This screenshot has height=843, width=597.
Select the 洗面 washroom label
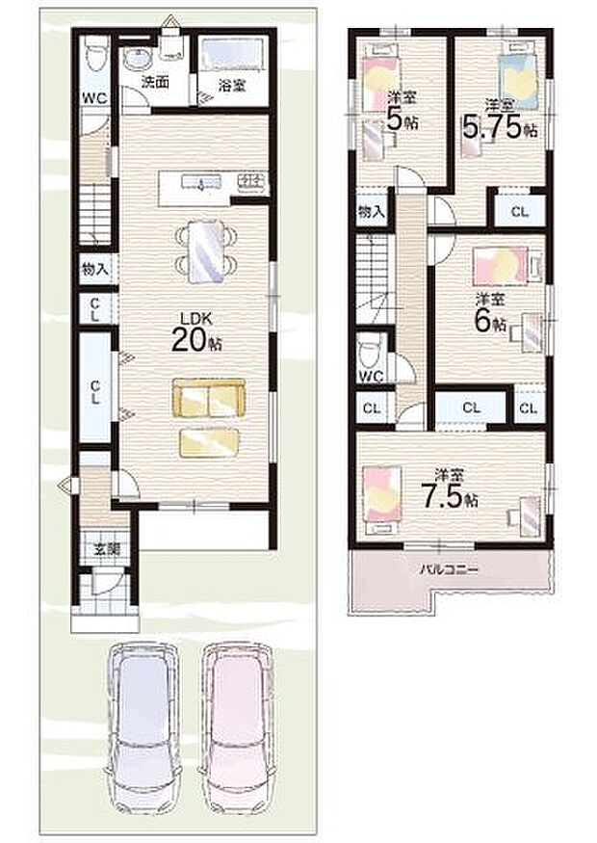pos(155,83)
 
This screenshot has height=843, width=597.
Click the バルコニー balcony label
pos(449,568)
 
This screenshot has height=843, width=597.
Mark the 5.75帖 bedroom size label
pos(499,120)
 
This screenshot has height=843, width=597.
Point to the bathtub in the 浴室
pos(233,52)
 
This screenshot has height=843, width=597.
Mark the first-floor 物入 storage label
pos(94,269)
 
